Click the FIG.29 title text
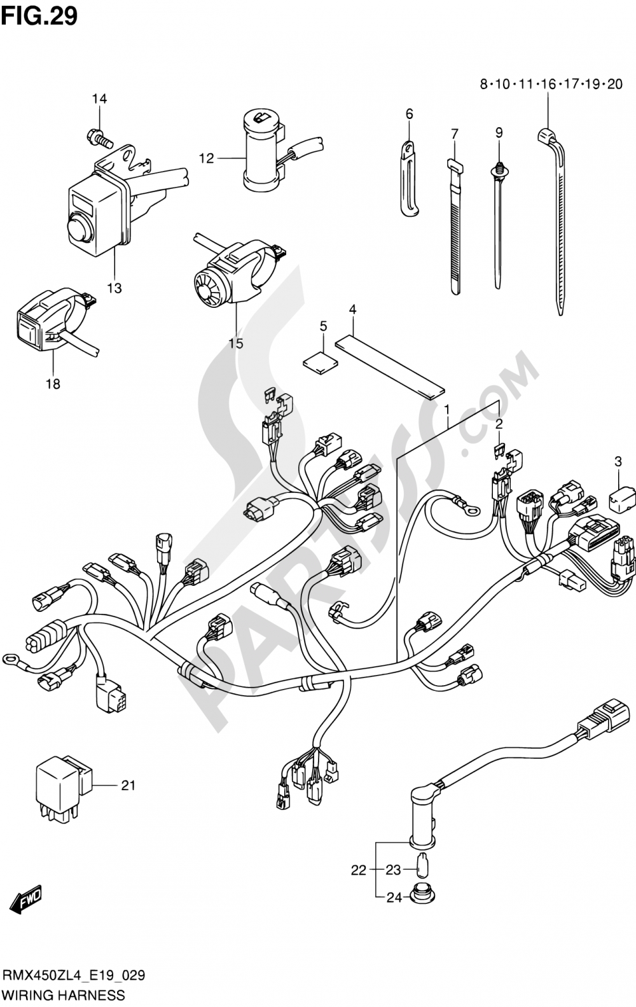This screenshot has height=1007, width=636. (x=39, y=16)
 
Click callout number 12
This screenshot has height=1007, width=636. (x=207, y=158)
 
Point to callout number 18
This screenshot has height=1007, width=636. (x=53, y=384)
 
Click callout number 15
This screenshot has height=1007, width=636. (x=235, y=344)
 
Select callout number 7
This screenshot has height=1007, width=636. (x=454, y=134)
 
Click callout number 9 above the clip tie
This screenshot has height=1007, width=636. (x=499, y=132)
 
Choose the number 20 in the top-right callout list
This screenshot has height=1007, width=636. (x=614, y=84)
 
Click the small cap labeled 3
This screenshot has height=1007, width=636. (x=622, y=500)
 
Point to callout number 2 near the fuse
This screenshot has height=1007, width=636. (x=499, y=423)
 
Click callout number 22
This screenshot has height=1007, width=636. (x=359, y=870)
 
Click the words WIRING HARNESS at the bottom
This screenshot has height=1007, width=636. (x=64, y=995)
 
